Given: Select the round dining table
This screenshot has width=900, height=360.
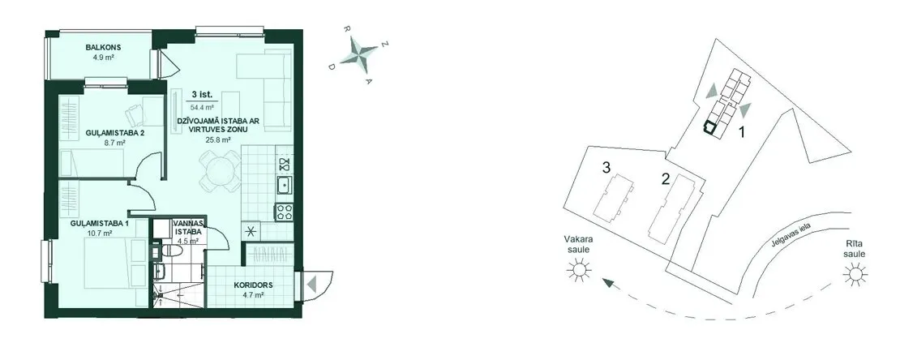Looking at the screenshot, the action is (x=219, y=170).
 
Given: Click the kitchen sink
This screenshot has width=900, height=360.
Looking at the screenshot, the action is (x=284, y=186).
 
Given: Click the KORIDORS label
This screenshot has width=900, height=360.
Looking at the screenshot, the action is (x=253, y=285).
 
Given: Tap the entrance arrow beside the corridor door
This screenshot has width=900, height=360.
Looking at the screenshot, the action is (x=311, y=285).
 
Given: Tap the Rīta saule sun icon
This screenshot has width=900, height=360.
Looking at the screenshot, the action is (x=855, y=274).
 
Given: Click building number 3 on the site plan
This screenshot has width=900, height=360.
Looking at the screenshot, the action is (x=606, y=168).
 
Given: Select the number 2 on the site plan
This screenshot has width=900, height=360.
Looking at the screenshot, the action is (x=665, y=179).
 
